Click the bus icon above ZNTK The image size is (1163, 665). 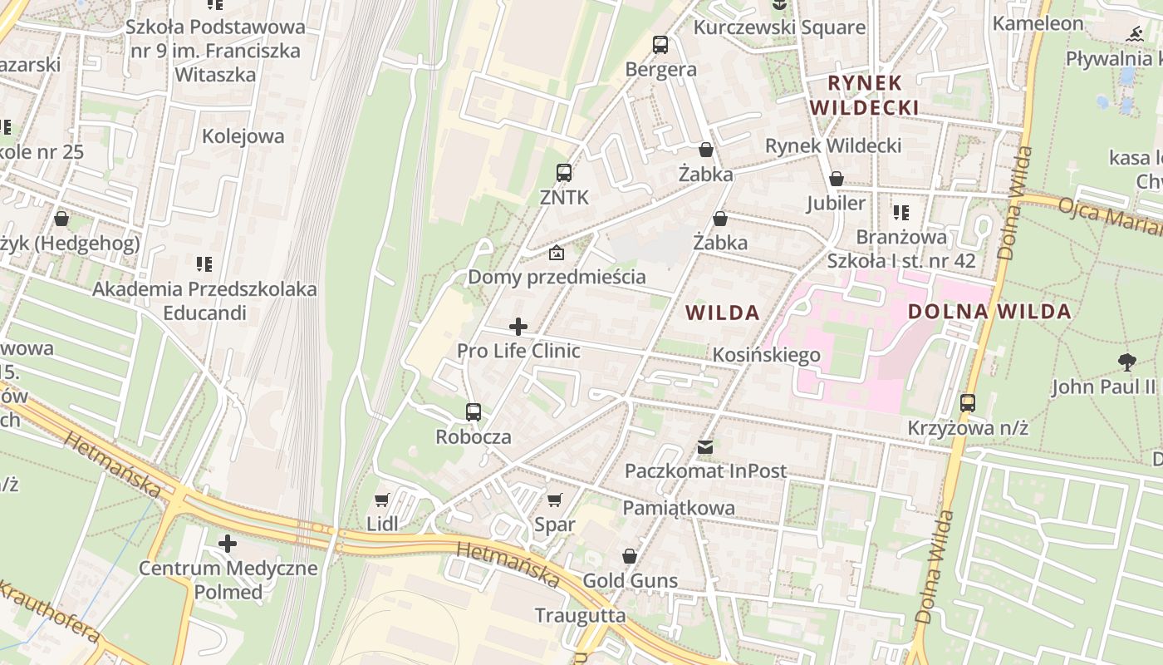564,173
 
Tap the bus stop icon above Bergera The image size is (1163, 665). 660,45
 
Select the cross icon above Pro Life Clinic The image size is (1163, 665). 518,327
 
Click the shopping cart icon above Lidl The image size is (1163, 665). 382,500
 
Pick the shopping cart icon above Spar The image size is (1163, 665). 555,500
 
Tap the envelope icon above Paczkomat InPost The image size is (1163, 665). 705,447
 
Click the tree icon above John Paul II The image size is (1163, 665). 1126,362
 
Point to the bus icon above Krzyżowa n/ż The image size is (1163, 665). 968,403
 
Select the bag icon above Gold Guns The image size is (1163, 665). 630,556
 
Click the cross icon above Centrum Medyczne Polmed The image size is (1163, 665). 228,544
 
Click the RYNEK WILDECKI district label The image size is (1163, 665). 864,96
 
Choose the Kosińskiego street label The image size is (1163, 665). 766,355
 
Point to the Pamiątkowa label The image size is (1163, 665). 679,508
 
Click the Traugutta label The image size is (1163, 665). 580,615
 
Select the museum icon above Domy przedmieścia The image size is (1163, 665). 557,253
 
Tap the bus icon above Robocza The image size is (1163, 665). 474,412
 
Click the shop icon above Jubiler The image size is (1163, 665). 837,180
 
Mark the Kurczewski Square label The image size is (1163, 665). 779,27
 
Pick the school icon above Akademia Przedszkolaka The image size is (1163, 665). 204,264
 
